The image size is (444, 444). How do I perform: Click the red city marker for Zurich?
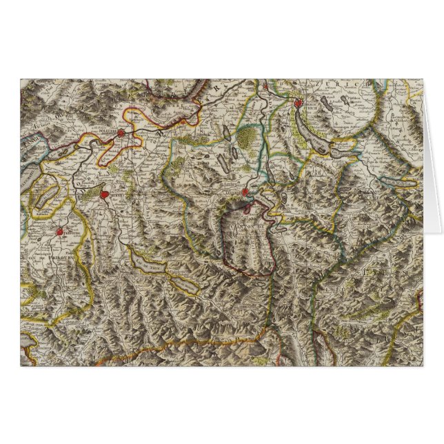pos(298,105)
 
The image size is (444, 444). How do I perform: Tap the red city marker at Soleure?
pos(121,133)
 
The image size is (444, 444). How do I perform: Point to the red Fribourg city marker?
pos(60,233)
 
